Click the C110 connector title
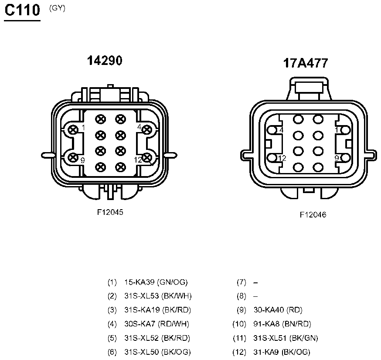[22, 10]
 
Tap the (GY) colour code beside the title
[57, 8]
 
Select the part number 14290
[105, 61]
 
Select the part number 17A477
[306, 63]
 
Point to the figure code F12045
[110, 212]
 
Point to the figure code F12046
[313, 215]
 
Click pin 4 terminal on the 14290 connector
[146, 130]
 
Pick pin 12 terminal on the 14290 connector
[146, 158]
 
